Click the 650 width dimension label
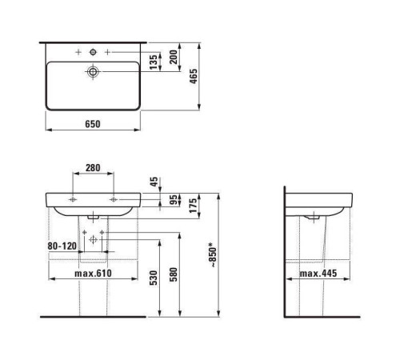tap(93, 124)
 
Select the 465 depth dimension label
tap(194, 76)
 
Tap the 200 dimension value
tap(174, 57)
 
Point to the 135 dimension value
tap(154, 62)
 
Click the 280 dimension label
tap(93, 168)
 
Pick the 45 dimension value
tap(154, 182)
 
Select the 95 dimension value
tap(174, 200)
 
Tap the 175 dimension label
tap(193, 206)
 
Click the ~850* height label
tap(213, 254)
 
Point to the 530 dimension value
tap(154, 278)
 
